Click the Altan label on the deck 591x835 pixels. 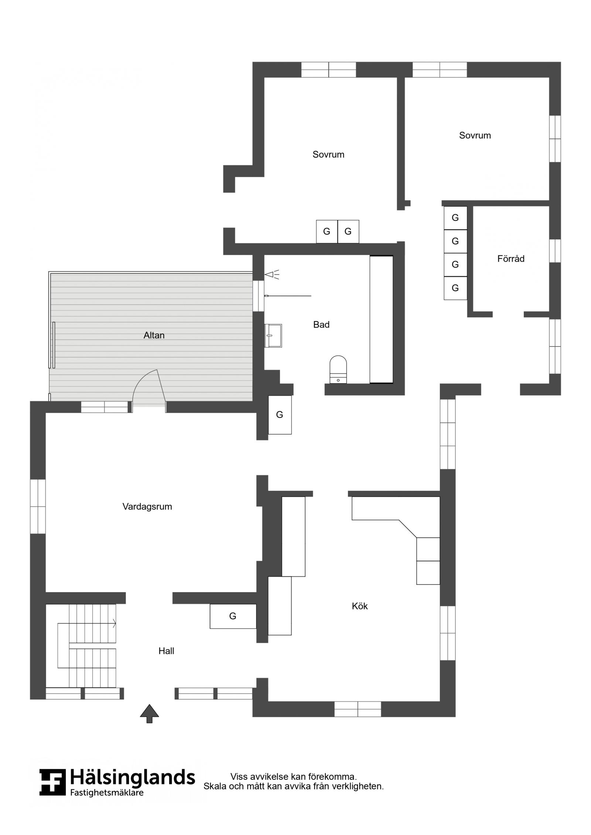point(154,335)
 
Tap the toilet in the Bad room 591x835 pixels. point(338,369)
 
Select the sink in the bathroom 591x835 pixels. point(273,335)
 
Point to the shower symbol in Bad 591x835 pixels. point(272,275)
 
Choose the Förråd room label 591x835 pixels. point(511,258)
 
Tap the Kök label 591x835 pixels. point(359,606)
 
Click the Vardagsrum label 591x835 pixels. point(147,506)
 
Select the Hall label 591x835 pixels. point(166,651)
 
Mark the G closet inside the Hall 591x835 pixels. point(233,616)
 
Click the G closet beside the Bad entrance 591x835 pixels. point(280,414)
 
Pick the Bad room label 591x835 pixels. point(321,324)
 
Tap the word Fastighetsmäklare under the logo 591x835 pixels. point(107,792)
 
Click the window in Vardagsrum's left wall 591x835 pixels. point(38,506)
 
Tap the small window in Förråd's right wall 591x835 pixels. point(555,251)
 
